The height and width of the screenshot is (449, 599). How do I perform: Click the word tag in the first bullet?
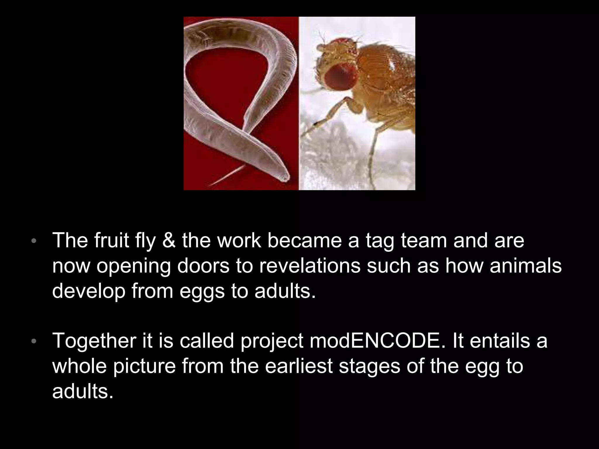(380, 241)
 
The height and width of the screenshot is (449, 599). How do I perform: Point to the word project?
(272, 341)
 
